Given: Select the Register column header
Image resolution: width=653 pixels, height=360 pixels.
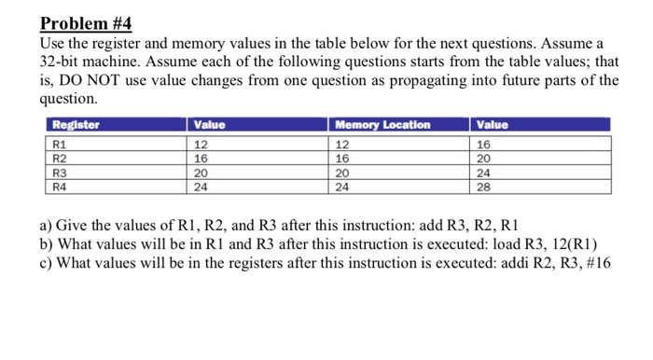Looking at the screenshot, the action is tap(76, 125).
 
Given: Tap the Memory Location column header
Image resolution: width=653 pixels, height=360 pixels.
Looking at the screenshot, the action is tap(383, 125).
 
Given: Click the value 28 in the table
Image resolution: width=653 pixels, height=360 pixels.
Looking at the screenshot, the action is tap(484, 186).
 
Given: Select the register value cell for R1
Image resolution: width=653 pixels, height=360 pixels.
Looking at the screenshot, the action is tap(201, 145).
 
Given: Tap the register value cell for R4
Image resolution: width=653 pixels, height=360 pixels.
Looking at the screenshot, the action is tap(201, 186).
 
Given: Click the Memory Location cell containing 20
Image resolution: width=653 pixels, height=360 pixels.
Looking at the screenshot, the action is tap(343, 173).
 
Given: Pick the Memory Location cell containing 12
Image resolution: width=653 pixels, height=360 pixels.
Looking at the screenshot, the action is tap(343, 145).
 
